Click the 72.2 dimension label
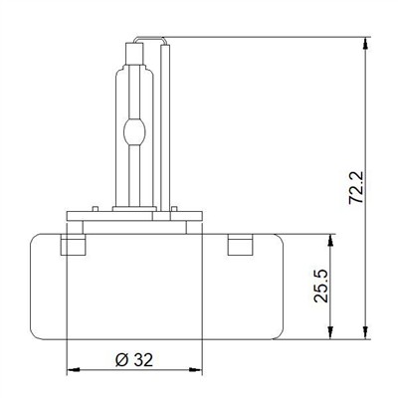click(357, 188)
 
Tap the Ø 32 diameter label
click(134, 360)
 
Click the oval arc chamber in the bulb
click(134, 132)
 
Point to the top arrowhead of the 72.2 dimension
click(365, 44)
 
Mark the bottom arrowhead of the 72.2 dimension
click(365, 332)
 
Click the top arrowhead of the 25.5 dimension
click(330, 241)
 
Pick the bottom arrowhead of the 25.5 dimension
click(330, 332)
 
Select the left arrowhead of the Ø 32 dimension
click(74, 369)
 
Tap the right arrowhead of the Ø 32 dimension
click(195, 369)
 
